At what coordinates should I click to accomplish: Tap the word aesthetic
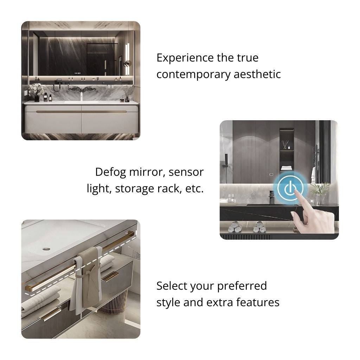point(257,74)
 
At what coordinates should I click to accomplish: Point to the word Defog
point(110,173)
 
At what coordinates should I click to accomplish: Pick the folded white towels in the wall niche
point(287,168)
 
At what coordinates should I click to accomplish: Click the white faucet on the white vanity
point(81,97)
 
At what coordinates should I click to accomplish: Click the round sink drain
point(46,249)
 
